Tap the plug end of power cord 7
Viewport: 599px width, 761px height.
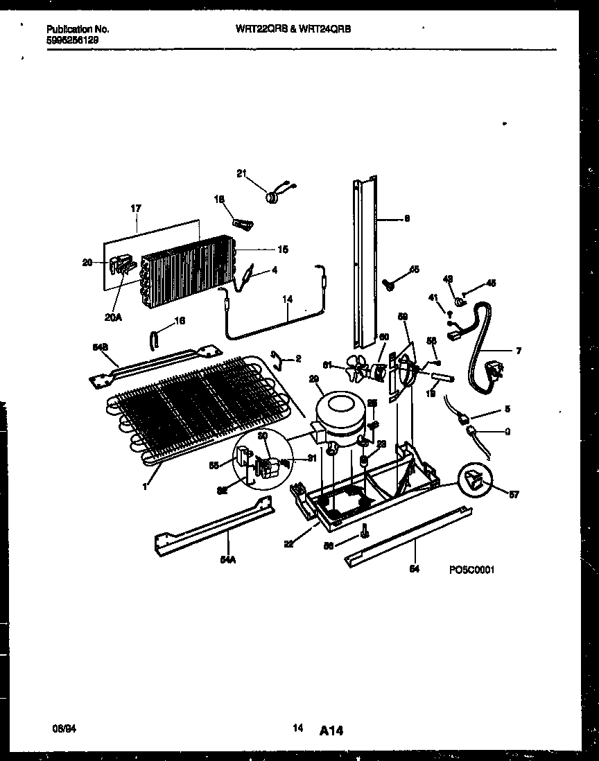click(x=496, y=374)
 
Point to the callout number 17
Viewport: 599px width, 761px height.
click(x=136, y=207)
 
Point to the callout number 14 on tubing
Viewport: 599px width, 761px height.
click(x=286, y=299)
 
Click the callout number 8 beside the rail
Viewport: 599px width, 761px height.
click(x=407, y=218)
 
